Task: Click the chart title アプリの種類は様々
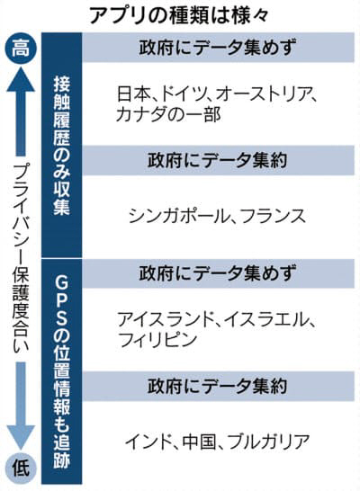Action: [x=179, y=15]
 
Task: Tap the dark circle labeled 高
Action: [x=21, y=49]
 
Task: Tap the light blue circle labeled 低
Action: [x=21, y=469]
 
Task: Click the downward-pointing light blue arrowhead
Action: [x=21, y=438]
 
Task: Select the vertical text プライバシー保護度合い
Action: [x=21, y=257]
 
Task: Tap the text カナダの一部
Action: [x=168, y=114]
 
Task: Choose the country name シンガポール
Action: [x=177, y=217]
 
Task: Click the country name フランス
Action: [x=272, y=217]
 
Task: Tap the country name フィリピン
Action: [x=157, y=340]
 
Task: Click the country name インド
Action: [x=148, y=442]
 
